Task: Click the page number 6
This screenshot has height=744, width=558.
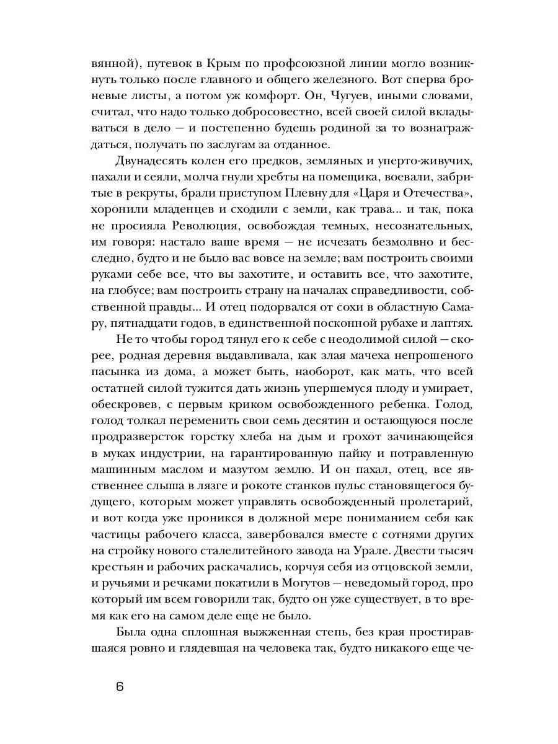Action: pos(120,686)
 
